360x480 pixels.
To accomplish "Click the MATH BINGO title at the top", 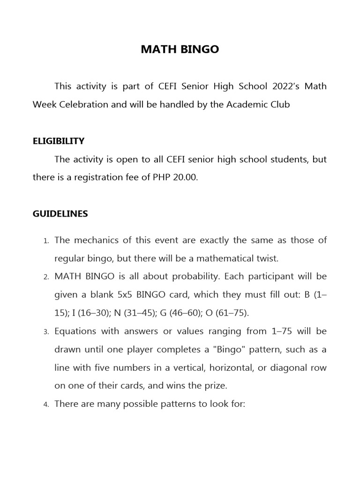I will click(x=180, y=49).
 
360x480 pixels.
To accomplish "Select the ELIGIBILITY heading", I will click(x=58, y=141).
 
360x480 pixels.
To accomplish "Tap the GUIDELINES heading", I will click(x=60, y=214).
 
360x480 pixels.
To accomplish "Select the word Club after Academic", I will click(x=279, y=105).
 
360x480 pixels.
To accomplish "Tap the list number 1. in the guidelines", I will click(x=46, y=241).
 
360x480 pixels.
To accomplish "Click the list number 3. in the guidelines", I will click(x=46, y=332).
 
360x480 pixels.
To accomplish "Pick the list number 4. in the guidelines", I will click(x=46, y=405).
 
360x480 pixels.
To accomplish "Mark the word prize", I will click(x=215, y=386).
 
